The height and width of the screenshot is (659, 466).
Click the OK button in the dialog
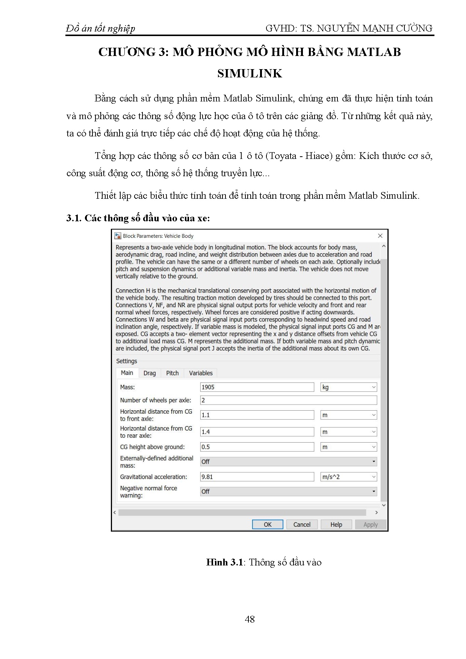pos(267,524)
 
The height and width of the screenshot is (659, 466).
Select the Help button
pos(336,524)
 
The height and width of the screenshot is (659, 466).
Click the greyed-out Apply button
pos(370,524)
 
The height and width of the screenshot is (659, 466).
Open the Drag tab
pos(150,373)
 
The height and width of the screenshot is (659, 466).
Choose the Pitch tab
pos(172,373)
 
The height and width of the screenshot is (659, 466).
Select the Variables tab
pos(201,373)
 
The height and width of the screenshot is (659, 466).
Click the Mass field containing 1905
pos(257,387)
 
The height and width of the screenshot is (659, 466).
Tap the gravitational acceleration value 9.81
pos(257,477)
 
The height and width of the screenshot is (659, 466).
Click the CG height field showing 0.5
pos(257,447)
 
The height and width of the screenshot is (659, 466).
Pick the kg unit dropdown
pos(348,387)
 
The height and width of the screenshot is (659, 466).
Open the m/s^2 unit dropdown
pos(348,477)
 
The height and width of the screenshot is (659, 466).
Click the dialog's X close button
pos(380,236)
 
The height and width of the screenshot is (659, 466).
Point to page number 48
pos(250,619)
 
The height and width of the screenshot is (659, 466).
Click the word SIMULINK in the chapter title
pos(250,73)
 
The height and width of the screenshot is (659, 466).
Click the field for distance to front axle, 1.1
pos(257,415)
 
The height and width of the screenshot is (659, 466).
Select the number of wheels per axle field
pos(288,400)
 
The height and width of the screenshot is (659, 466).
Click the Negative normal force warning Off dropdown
pos(288,491)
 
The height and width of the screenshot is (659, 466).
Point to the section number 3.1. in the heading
pos(74,218)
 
